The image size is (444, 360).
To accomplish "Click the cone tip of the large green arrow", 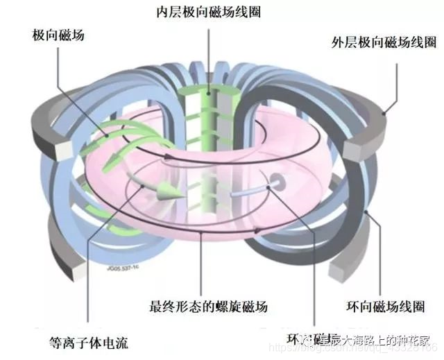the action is point(169,192).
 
